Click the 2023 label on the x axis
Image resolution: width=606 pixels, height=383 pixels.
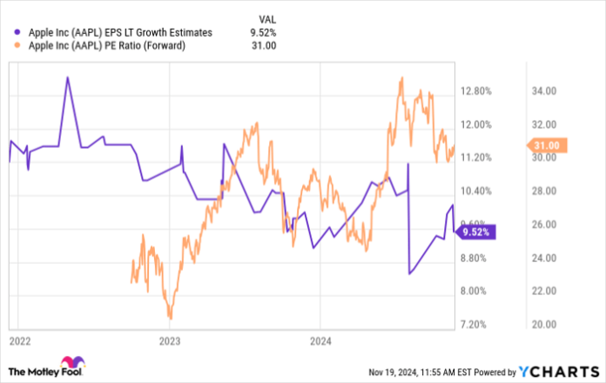(171, 339)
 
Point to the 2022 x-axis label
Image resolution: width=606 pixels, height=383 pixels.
(19, 339)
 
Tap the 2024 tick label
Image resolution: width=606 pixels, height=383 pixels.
(322, 339)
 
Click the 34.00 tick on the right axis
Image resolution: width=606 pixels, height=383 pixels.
(544, 91)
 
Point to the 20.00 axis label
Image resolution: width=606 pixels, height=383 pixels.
(544, 324)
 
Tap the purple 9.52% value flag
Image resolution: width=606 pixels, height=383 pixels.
(477, 232)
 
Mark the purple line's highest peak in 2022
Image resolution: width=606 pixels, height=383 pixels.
(67, 77)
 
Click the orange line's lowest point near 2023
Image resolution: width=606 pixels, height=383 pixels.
(171, 319)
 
